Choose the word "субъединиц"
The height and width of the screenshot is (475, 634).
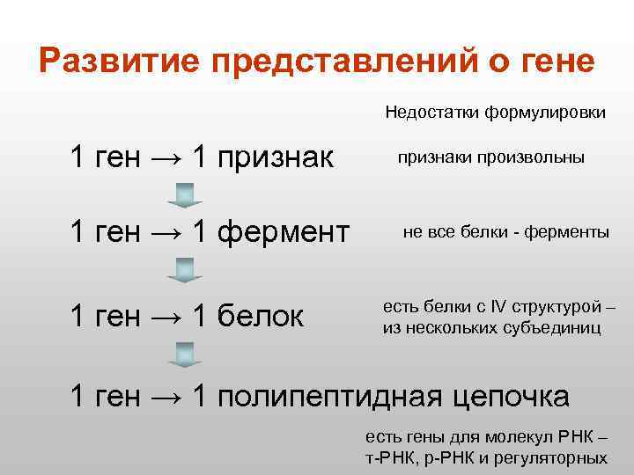pos(554,328)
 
